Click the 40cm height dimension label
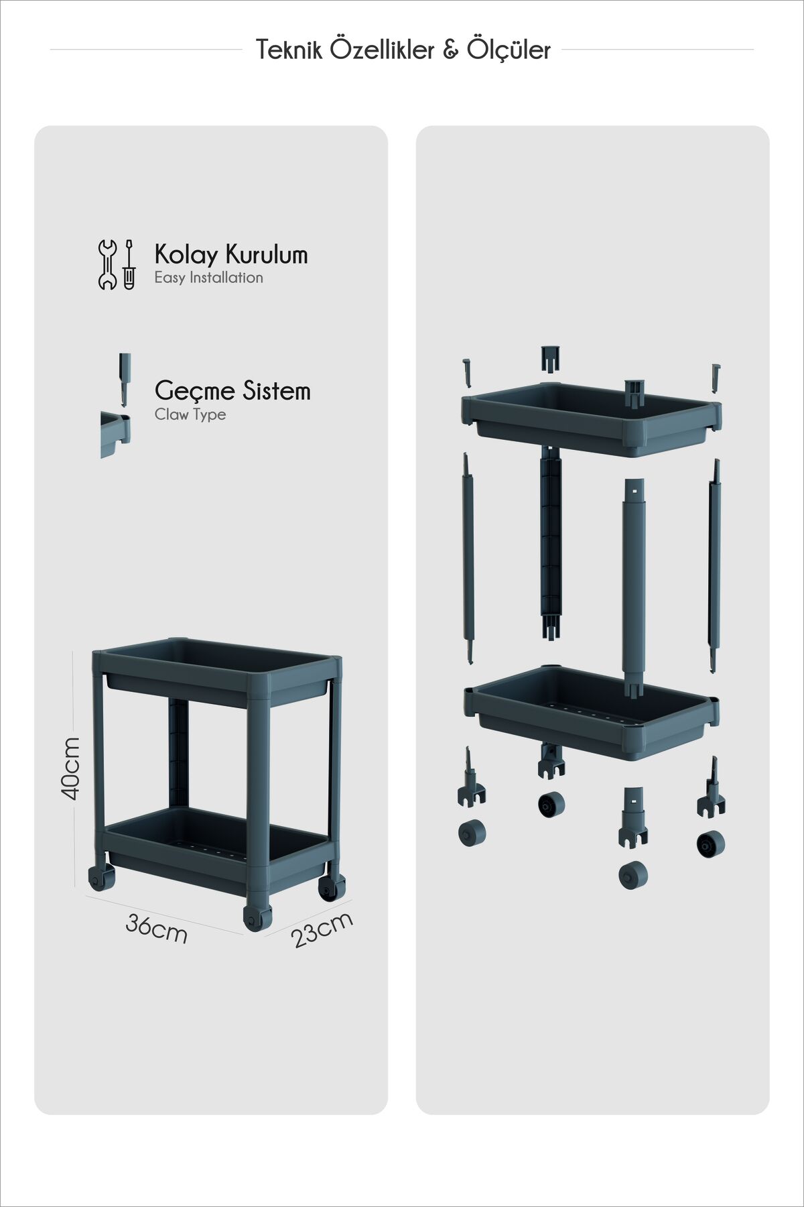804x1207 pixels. [70, 768]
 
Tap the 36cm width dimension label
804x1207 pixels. [156, 929]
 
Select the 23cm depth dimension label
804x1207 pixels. [322, 929]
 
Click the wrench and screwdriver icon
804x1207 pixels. [117, 265]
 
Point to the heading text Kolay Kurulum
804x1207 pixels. [231, 255]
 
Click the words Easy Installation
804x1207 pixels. [208, 278]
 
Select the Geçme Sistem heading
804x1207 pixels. [232, 391]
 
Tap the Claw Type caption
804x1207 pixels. [190, 414]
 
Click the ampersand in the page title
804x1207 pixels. [450, 50]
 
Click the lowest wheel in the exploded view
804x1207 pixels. [633, 876]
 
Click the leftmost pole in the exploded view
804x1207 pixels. [467, 558]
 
